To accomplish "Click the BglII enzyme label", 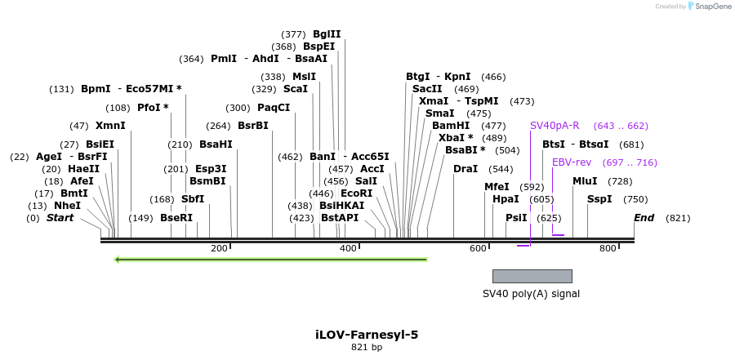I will (327, 34).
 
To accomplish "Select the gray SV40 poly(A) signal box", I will (532, 276).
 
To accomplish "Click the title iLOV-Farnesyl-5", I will (367, 335).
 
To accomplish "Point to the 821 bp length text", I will (367, 348).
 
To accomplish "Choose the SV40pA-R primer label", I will (555, 126).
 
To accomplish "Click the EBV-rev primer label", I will (572, 162).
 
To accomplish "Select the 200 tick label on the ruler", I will (219, 248).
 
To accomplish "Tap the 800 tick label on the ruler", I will (607, 248).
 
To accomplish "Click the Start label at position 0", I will (60, 218).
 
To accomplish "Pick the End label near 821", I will (644, 218).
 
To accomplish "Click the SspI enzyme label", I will (599, 199).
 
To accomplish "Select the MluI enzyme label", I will (585, 181).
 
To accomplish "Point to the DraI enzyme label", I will (465, 169).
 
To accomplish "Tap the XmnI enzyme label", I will (110, 126).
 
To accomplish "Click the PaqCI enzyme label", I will (274, 108).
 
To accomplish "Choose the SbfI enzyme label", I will (193, 199).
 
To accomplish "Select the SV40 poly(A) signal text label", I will (531, 294).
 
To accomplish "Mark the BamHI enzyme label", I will (451, 126).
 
